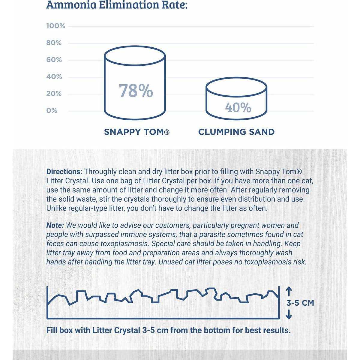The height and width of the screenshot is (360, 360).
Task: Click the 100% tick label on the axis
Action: pyautogui.click(x=55, y=26)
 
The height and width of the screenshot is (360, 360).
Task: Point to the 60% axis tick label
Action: pyautogui.click(x=54, y=60)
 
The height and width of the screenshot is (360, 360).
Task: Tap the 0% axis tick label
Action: pyautogui.click(x=52, y=111)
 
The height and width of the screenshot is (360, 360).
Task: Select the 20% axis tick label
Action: pyautogui.click(x=54, y=94)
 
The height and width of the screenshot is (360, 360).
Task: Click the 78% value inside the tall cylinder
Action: pyautogui.click(x=136, y=91)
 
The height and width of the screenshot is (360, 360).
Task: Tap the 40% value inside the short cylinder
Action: pyautogui.click(x=238, y=108)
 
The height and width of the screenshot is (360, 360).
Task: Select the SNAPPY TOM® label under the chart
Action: pyautogui.click(x=137, y=132)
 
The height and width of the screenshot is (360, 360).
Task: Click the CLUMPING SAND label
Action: pyautogui.click(x=236, y=132)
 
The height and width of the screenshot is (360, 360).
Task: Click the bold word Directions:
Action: pyautogui.click(x=64, y=172)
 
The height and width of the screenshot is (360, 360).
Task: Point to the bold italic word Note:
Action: pyautogui.click(x=55, y=225)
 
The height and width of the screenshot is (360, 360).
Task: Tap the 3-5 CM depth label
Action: pyautogui.click(x=300, y=303)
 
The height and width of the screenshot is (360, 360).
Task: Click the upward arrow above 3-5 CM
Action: pyautogui.click(x=289, y=291)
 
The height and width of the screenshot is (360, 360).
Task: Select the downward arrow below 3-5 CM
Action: pyautogui.click(x=289, y=314)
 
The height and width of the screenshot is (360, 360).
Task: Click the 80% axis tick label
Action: pyautogui.click(x=54, y=43)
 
